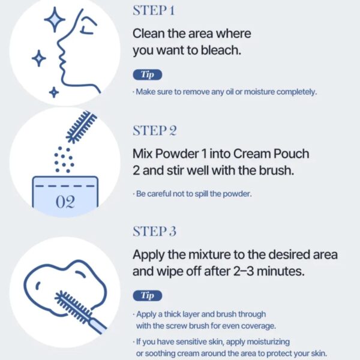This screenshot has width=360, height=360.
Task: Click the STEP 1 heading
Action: point(154,11)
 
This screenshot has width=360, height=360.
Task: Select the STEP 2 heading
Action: point(155,131)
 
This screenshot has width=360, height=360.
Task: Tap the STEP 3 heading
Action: point(155,231)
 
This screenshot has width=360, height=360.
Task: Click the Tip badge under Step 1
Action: point(148,74)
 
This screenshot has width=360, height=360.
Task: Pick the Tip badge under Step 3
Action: point(148,295)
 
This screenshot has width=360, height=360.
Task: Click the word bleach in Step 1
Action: point(221,50)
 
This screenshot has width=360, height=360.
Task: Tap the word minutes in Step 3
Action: point(281,271)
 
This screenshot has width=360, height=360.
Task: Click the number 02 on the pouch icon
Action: point(65,202)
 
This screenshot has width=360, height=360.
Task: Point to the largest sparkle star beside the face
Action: point(55,20)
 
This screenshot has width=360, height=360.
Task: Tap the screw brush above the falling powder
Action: point(82,127)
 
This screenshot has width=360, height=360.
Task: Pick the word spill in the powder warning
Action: point(202,194)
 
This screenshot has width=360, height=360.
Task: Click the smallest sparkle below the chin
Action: point(54,92)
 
